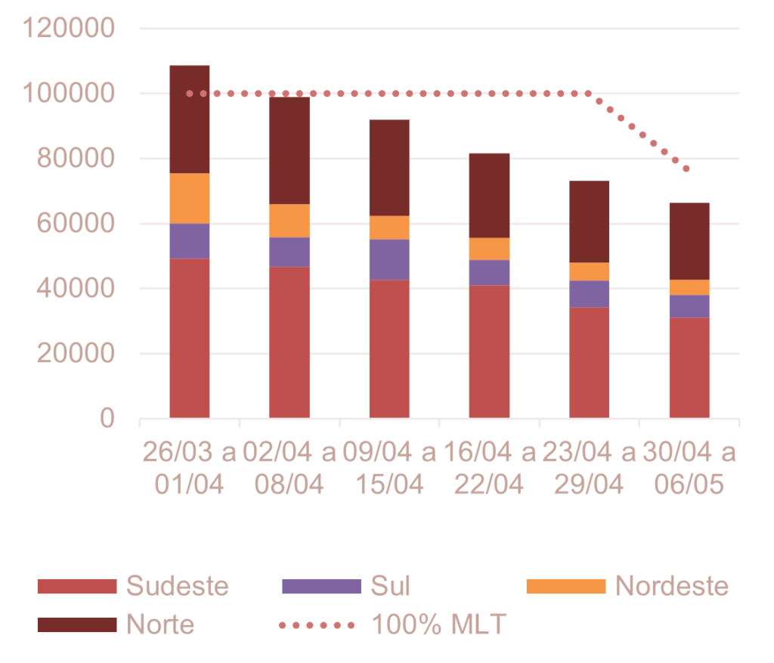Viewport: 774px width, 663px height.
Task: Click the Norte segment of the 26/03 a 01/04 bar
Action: [x=190, y=119]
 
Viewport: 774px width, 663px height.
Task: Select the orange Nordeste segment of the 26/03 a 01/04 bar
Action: [x=190, y=198]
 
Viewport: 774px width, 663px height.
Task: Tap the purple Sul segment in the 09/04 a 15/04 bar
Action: [x=389, y=259]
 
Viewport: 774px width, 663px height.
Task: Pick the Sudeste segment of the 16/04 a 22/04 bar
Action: [x=489, y=352]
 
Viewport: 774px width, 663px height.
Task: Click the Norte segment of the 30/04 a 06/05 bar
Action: [x=689, y=240]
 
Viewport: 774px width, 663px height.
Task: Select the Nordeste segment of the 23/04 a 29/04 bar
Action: [x=589, y=271]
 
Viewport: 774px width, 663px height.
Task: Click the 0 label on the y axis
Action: [x=107, y=418]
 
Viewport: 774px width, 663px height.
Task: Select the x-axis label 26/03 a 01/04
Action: [x=190, y=469]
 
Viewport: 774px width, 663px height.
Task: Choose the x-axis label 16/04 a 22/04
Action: [x=489, y=469]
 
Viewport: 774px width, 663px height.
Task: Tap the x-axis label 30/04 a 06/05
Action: [x=689, y=469]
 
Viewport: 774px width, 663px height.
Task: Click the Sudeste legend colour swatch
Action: [x=77, y=586]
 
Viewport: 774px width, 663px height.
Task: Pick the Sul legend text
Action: [x=390, y=586]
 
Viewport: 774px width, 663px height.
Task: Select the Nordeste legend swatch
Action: [x=565, y=586]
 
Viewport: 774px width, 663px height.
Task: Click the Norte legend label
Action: [x=160, y=624]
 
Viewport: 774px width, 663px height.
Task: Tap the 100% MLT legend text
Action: [x=438, y=624]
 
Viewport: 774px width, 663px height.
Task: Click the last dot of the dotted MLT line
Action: [x=686, y=169]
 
